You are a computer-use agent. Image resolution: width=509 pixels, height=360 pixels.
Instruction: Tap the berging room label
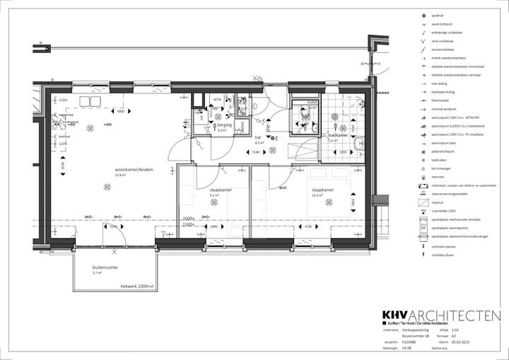[x=225, y=124]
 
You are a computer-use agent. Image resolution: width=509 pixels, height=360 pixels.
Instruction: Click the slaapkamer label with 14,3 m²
[x=322, y=190]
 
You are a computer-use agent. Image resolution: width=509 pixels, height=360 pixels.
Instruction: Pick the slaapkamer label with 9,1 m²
[x=220, y=190]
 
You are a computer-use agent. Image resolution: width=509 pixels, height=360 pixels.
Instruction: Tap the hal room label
[x=259, y=138]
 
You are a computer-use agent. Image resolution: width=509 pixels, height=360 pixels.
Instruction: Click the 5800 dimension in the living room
[x=121, y=111]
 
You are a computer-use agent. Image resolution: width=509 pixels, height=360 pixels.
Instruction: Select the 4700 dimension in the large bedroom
[x=307, y=227]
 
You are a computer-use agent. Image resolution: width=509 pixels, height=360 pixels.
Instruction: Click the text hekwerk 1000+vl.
[x=137, y=286]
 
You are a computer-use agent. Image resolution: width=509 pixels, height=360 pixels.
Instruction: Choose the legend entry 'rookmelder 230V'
[x=444, y=211]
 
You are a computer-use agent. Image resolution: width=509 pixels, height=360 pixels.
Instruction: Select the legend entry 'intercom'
[x=438, y=178]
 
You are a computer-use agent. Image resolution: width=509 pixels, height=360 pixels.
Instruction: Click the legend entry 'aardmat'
[x=437, y=16]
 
